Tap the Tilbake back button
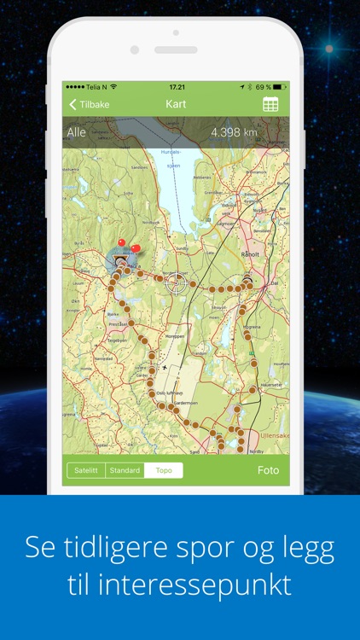(89, 105)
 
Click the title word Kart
(177, 105)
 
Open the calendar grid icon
(270, 105)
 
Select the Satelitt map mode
(86, 470)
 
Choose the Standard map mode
(125, 470)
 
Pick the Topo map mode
(163, 470)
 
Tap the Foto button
(268, 470)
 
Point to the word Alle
(77, 132)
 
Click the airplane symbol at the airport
(165, 367)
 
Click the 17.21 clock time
(177, 87)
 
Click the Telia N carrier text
(93, 87)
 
